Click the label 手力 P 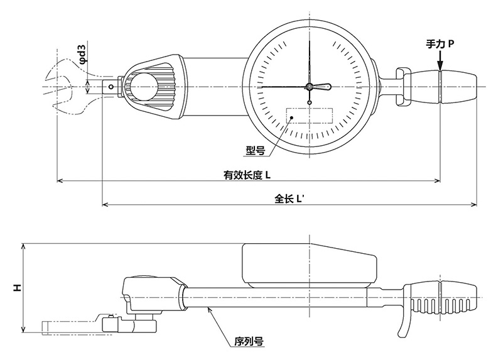click(439, 44)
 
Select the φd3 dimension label click(82, 54)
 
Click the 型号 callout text click(256, 150)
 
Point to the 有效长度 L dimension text click(247, 175)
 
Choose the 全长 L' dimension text click(289, 199)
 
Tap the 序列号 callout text click(249, 341)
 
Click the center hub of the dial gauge click(310, 87)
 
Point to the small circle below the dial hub click(310, 102)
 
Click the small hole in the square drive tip click(111, 87)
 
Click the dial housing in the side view click(309, 265)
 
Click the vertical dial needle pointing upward click(310, 62)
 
